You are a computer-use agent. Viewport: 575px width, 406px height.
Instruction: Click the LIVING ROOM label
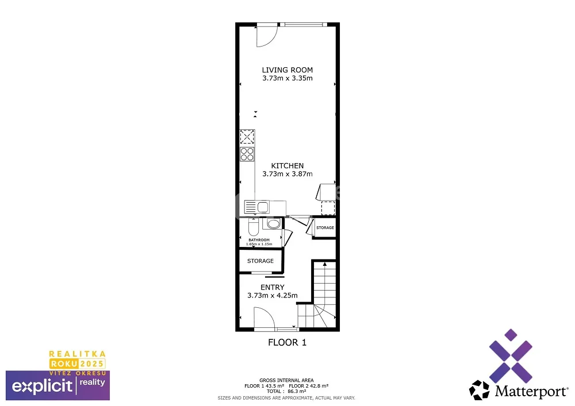tap(287, 70)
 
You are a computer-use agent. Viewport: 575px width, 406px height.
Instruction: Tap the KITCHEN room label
tap(287, 166)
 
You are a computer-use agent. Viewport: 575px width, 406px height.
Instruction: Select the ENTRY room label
tap(273, 287)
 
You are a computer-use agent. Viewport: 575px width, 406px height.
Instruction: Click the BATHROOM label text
tap(259, 240)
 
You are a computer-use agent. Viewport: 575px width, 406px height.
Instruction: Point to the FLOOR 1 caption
tap(287, 343)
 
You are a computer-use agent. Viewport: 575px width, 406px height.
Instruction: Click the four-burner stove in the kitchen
tap(247, 154)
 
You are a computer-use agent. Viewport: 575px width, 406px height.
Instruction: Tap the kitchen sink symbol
tap(257, 207)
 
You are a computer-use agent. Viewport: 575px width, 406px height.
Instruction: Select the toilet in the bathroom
tap(253, 227)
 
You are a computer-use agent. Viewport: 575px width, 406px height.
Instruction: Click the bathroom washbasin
tap(274, 223)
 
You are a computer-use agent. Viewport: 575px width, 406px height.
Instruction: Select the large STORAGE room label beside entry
tap(260, 261)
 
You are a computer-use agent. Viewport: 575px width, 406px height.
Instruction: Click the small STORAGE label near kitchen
tap(325, 228)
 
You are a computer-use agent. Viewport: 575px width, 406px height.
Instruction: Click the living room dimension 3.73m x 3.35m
tap(287, 78)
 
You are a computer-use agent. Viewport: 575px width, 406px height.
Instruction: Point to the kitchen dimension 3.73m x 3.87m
tap(287, 174)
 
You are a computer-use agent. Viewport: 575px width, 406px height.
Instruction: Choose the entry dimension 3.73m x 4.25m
tap(273, 295)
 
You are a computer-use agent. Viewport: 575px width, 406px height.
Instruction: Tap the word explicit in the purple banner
tap(42, 386)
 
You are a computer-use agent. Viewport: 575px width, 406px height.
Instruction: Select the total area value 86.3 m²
tap(297, 391)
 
